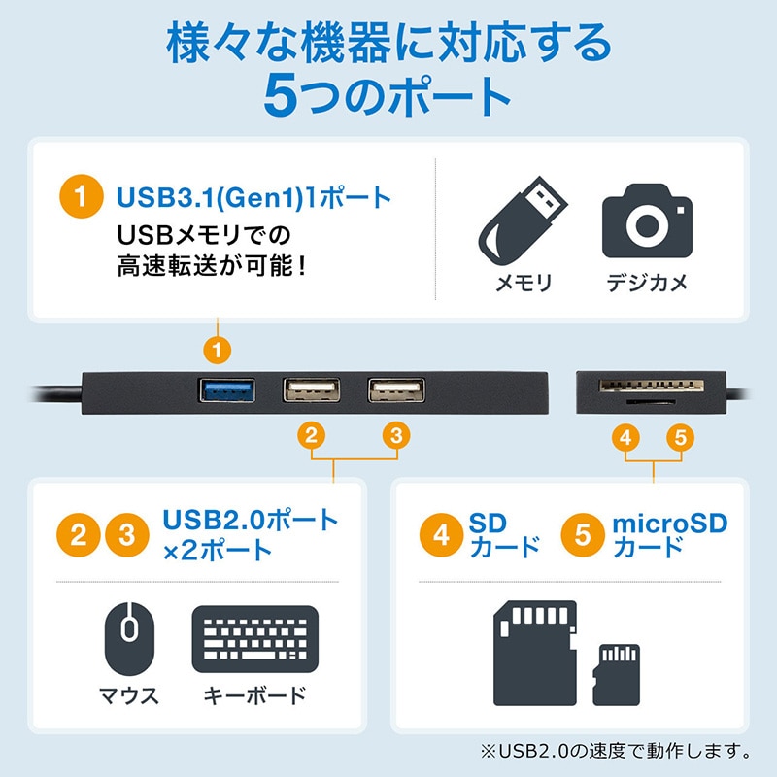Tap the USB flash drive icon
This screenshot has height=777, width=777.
(x=524, y=221)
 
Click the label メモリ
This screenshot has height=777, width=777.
(x=524, y=283)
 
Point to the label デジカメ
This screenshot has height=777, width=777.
(x=647, y=283)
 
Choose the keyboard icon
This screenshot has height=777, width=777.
(x=255, y=638)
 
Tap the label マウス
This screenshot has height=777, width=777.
(x=129, y=696)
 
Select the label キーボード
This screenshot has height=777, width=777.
(x=255, y=696)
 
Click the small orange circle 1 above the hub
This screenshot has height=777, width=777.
(x=220, y=347)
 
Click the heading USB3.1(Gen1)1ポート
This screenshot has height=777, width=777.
(x=253, y=198)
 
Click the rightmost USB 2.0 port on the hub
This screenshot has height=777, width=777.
(x=395, y=390)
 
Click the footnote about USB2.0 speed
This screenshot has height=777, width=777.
(x=614, y=751)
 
